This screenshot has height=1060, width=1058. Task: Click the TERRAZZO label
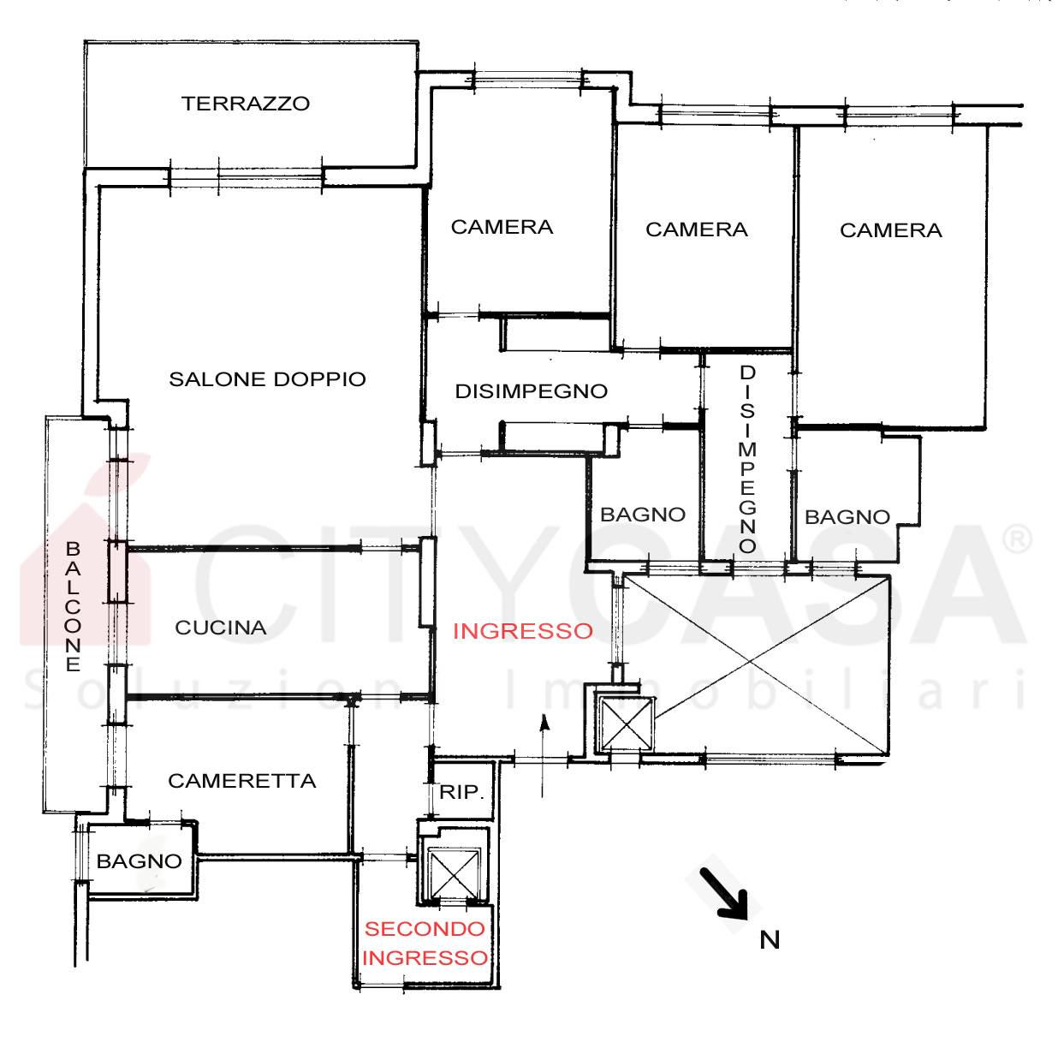[246, 104]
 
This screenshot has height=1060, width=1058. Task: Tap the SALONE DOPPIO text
[267, 379]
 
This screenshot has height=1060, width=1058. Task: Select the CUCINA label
[221, 628]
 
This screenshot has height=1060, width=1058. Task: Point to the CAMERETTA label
[242, 781]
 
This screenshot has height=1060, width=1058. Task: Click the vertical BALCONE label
[73, 607]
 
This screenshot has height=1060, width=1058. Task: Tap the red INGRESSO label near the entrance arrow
[523, 631]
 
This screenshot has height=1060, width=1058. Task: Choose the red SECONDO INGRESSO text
[425, 944]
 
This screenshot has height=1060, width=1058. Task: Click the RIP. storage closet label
[462, 792]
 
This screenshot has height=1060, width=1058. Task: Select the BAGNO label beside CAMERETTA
[140, 861]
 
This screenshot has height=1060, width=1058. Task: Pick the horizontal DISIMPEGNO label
[532, 391]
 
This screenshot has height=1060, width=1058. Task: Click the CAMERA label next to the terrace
[502, 227]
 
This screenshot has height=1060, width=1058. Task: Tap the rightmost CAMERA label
[891, 230]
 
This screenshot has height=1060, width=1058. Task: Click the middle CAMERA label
[697, 229]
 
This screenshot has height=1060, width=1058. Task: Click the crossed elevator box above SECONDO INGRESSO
[454, 873]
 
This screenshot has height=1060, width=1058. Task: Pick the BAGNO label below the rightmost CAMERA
[847, 517]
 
